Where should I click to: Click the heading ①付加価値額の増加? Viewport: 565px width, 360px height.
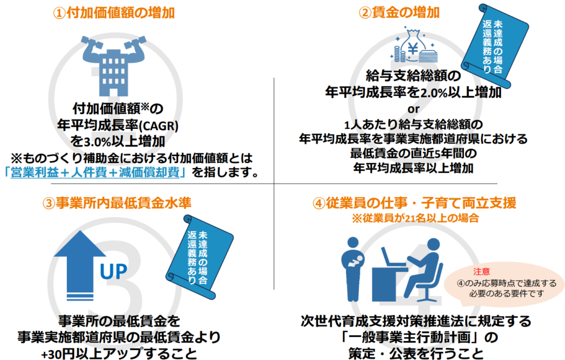tap(114, 13)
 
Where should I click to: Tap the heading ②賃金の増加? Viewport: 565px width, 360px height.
tap(399, 13)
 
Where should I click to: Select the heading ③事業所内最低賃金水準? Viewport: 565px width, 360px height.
tap(117, 203)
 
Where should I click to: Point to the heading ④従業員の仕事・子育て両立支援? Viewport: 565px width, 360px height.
tap(414, 203)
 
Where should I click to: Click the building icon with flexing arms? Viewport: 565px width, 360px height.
tap(114, 65)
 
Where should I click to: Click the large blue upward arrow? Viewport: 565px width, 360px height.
tap(80, 265)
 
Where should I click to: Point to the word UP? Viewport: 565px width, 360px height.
tap(114, 272)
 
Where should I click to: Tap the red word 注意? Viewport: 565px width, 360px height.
tap(481, 271)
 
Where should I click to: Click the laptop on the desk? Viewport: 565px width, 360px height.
tap(393, 257)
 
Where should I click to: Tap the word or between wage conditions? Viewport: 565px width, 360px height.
tap(414, 109)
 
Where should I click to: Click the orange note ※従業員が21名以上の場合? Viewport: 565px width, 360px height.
tap(415, 218)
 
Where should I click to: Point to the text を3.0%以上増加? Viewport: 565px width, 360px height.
tap(118, 141)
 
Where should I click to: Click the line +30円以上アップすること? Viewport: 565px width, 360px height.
tap(119, 353)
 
